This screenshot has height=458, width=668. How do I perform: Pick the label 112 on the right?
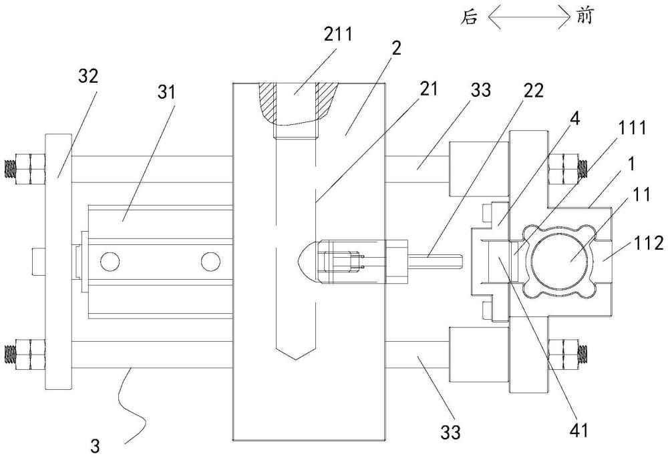pos(647,245)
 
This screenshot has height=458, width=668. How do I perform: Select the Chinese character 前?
pos(582,17)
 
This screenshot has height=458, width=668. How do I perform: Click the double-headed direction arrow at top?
pos(527,17)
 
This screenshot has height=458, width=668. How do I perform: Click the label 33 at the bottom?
pos(452,434)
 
